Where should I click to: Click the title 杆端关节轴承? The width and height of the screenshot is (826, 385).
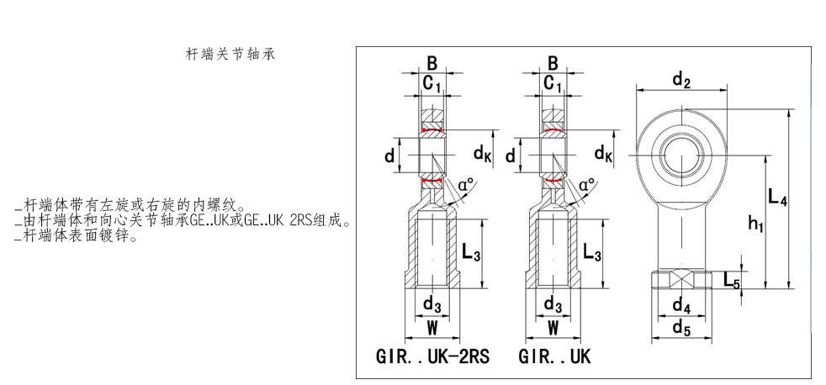point(230,54)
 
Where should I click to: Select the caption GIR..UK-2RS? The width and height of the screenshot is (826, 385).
point(432,356)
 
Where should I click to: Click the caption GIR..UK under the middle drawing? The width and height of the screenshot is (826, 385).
point(554,356)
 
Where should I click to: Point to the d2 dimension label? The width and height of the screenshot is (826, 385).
point(681,81)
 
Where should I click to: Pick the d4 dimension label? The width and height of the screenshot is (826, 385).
point(681,306)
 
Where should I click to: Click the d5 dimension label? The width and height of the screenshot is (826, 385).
point(681,329)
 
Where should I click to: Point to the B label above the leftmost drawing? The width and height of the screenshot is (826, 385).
point(432,62)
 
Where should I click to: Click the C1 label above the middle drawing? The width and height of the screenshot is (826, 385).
point(553,83)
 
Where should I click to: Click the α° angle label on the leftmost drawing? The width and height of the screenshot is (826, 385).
point(465,184)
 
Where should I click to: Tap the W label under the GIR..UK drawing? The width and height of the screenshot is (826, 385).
point(553,326)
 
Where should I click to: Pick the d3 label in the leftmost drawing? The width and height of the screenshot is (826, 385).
point(432,303)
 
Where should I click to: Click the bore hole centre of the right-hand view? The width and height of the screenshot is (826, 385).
point(681,155)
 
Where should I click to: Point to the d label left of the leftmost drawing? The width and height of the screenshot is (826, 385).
point(389,156)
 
